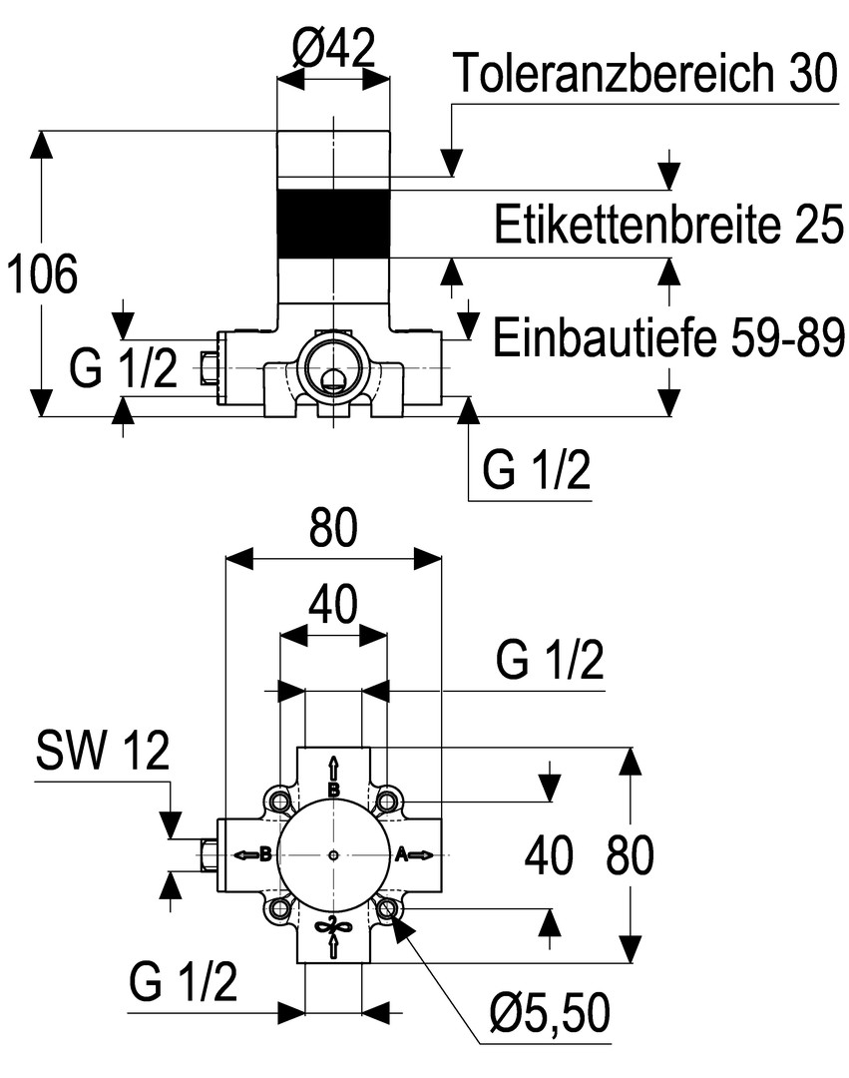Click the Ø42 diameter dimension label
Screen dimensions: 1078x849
tap(334, 47)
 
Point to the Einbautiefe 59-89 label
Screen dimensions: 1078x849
tap(669, 338)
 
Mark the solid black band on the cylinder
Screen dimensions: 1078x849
tap(333, 222)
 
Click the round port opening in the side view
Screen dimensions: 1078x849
tap(332, 365)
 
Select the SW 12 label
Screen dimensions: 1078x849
tap(103, 752)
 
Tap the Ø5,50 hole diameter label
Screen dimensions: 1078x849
tap(549, 1016)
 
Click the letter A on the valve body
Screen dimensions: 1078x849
tap(401, 853)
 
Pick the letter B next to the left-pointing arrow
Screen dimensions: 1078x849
tap(265, 853)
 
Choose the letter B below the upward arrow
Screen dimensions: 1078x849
tap(334, 790)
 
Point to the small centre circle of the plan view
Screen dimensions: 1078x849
tap(334, 854)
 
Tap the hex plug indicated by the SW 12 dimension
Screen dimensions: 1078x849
tap(210, 854)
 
